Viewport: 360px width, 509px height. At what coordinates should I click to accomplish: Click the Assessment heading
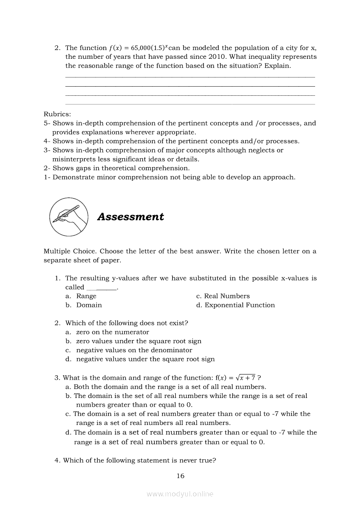(x=130, y=217)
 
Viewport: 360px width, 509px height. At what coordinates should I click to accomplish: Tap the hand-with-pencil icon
(x=69, y=216)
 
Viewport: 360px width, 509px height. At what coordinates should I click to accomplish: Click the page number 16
(x=180, y=476)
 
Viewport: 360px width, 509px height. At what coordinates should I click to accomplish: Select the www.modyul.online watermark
(x=180, y=494)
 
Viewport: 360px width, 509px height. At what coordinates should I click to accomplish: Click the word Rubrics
(x=57, y=114)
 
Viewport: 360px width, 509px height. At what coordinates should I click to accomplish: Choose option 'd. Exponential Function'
(x=235, y=305)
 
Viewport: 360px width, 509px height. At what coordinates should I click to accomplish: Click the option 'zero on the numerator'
(x=112, y=332)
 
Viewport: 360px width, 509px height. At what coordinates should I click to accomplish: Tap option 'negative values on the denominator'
(x=134, y=350)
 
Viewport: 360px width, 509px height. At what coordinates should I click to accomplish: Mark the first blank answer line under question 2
(x=190, y=77)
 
